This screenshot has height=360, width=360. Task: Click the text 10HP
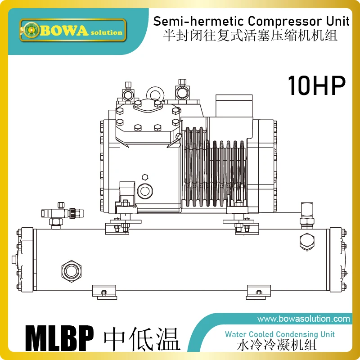[316, 85]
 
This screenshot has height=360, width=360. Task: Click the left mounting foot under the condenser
[104, 292]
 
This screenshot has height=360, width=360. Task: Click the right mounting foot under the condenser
[259, 292]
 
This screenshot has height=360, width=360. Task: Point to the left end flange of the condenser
[26, 258]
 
